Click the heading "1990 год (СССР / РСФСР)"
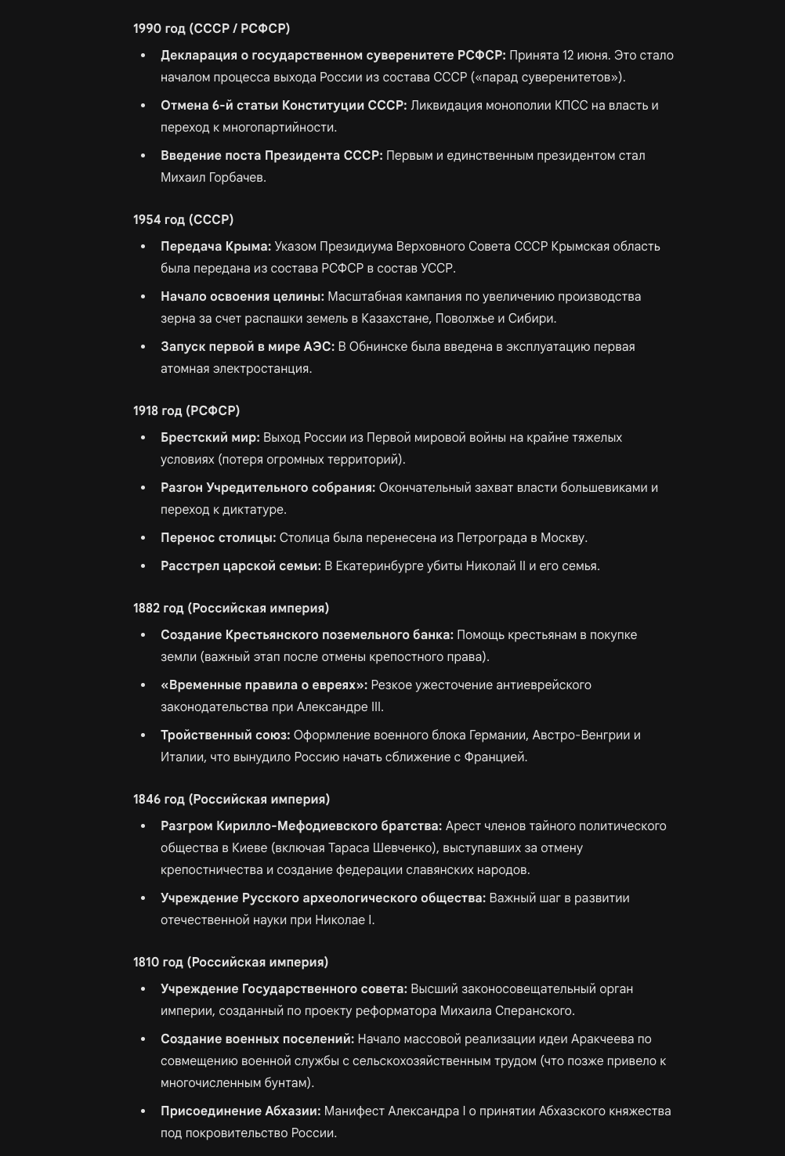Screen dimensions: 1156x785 coord(211,28)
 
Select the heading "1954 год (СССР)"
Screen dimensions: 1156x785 coord(183,219)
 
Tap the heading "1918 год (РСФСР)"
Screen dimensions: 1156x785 coord(186,410)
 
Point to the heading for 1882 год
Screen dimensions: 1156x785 coord(231,608)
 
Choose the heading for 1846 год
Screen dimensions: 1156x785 coord(231,799)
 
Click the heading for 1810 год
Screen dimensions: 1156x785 coord(230,962)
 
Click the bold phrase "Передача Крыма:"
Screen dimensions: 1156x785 coord(215,246)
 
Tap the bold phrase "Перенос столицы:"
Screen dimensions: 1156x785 coord(218,537)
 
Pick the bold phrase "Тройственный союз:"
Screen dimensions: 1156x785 coord(225,735)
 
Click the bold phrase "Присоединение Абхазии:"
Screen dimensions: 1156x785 coord(241,1111)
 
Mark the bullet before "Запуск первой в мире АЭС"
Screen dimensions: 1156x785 coord(143,346)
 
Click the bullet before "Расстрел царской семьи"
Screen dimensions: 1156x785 coord(143,565)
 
